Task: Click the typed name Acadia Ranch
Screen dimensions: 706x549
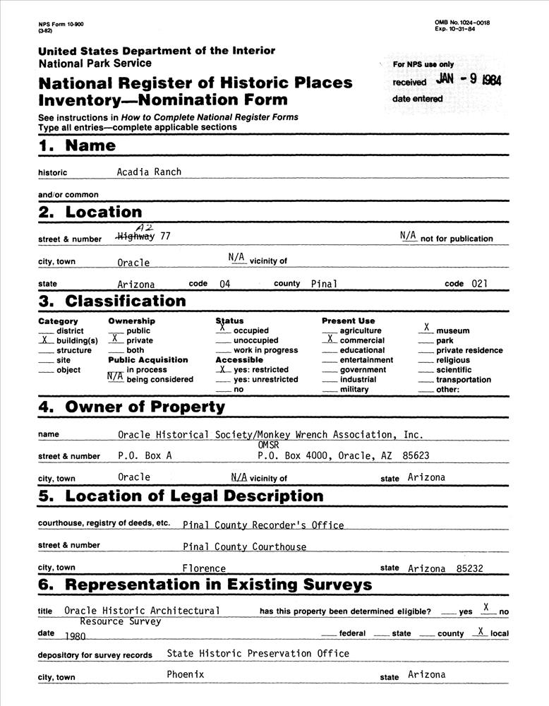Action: (x=149, y=172)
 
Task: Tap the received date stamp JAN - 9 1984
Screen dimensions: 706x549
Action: (x=469, y=80)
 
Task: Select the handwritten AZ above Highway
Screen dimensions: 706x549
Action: (x=144, y=227)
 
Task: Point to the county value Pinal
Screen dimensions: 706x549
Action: (x=324, y=284)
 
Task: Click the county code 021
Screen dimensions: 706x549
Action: (x=479, y=284)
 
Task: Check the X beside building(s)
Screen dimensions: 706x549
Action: (x=45, y=340)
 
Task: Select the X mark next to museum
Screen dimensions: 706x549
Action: (x=427, y=328)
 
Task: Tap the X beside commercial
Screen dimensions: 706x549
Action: (x=330, y=339)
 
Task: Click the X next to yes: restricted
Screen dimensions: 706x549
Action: (x=222, y=369)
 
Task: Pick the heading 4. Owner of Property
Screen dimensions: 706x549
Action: (x=131, y=407)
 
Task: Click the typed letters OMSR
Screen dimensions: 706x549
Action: (x=269, y=445)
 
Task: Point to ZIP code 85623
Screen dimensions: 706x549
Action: (x=416, y=456)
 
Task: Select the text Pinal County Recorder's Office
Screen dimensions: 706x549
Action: (x=263, y=525)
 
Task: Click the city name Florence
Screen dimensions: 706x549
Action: (x=204, y=568)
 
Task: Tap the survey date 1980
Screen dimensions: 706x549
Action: (x=74, y=635)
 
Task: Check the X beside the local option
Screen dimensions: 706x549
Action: (x=481, y=632)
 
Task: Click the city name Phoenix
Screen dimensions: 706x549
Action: (x=185, y=674)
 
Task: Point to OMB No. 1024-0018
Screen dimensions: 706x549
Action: (x=462, y=23)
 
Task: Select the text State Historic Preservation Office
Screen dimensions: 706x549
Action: (x=258, y=654)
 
